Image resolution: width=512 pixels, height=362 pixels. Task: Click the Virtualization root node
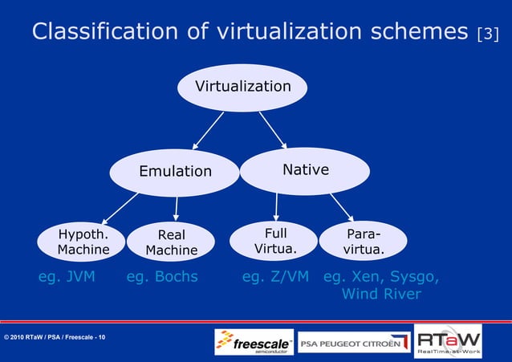(x=243, y=86)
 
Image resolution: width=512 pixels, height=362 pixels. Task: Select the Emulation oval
(x=174, y=171)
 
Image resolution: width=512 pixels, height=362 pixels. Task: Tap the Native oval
(x=305, y=170)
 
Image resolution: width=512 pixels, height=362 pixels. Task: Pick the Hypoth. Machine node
(x=83, y=242)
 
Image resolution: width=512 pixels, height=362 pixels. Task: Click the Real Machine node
(x=172, y=243)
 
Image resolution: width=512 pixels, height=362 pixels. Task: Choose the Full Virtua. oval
(x=274, y=241)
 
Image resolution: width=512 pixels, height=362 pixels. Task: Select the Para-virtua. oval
(x=363, y=242)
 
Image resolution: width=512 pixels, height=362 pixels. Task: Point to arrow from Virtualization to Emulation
(x=206, y=130)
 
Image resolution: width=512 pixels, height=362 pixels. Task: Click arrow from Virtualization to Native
(x=273, y=130)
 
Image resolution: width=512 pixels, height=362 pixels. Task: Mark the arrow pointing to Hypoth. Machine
(x=120, y=206)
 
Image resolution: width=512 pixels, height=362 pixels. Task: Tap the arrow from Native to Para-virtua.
(x=340, y=206)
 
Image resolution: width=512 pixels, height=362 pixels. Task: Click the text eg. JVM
(x=67, y=278)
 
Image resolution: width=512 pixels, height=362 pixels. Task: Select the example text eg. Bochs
(x=162, y=278)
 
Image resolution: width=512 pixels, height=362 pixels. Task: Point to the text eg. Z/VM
(x=275, y=278)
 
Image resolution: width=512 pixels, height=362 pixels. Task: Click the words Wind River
(x=381, y=295)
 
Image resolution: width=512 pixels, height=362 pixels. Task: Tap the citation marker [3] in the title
(x=487, y=35)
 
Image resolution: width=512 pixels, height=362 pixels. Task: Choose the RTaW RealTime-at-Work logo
(x=448, y=340)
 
